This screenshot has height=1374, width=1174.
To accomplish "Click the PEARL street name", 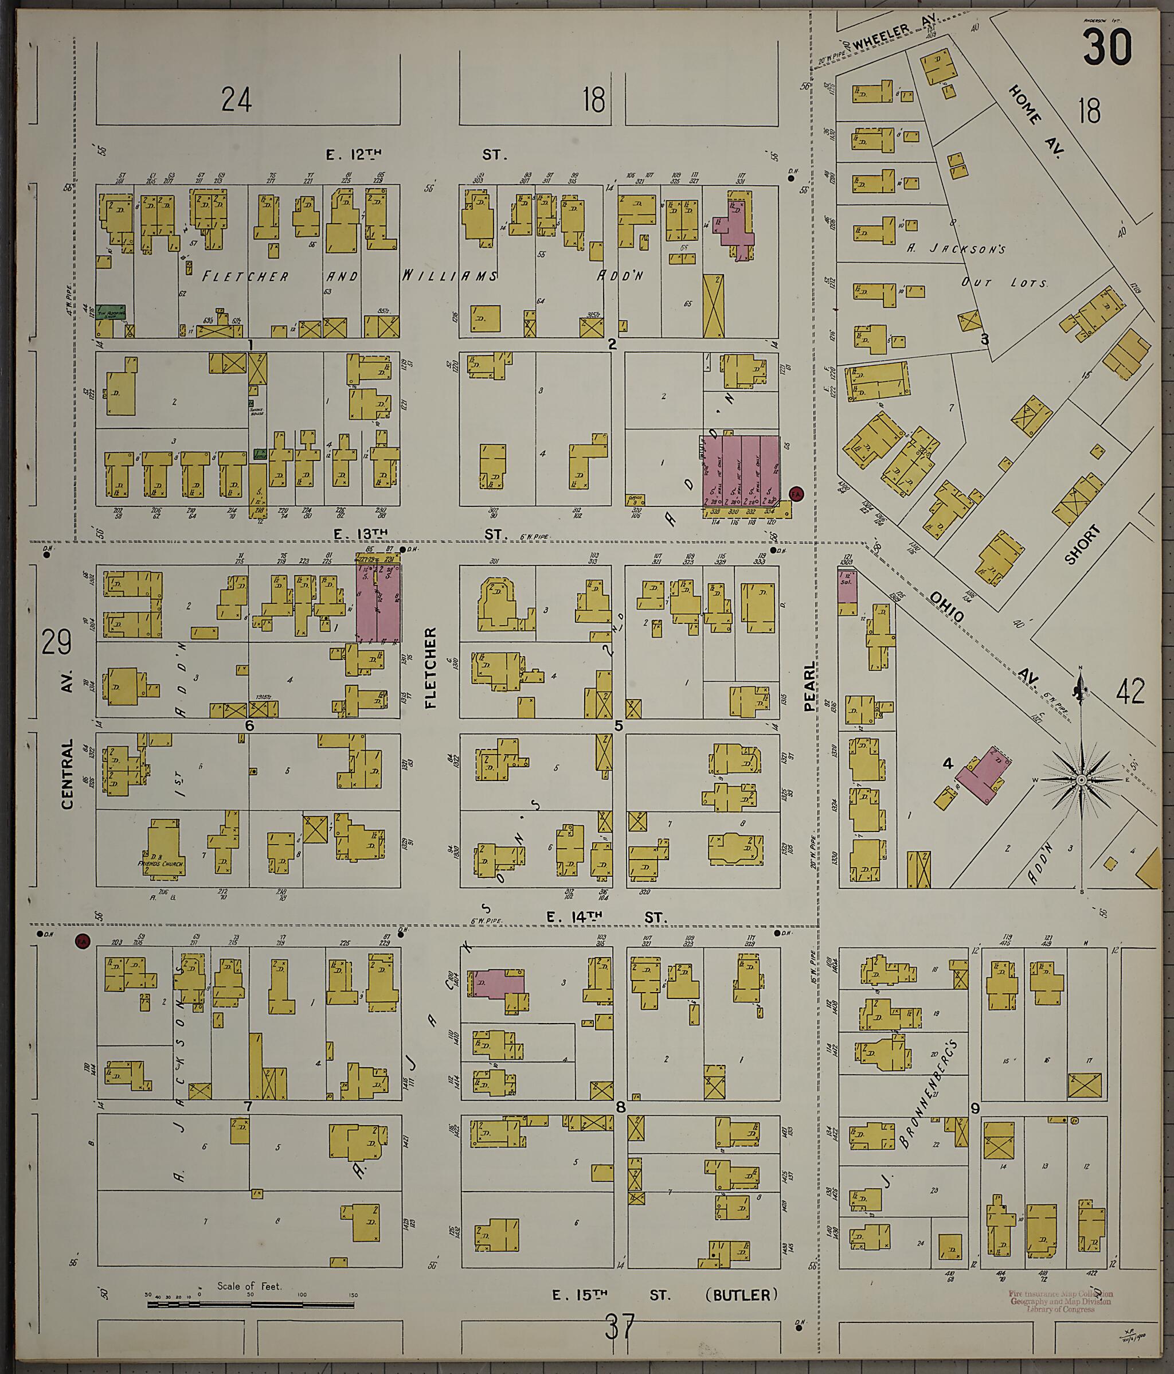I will [x=810, y=686].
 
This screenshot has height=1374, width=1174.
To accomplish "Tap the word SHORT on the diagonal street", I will [x=1082, y=544].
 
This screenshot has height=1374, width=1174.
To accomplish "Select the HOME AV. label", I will [x=1036, y=123].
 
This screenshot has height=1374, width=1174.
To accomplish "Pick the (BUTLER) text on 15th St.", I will [x=741, y=1295].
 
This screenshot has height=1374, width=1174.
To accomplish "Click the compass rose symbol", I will [x=1081, y=780].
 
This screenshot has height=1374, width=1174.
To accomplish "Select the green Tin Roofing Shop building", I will [x=110, y=311].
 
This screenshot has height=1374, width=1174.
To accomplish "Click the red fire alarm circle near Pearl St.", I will [x=796, y=493].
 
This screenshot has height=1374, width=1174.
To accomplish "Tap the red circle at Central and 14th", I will [x=82, y=940].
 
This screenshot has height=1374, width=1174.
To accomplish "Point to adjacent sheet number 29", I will [x=56, y=643].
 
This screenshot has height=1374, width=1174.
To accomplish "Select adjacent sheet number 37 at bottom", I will [x=619, y=1327].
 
